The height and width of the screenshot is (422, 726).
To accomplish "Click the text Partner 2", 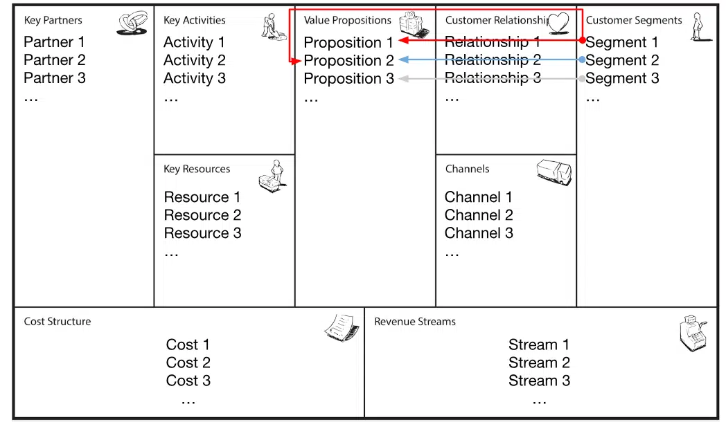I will point(55,60).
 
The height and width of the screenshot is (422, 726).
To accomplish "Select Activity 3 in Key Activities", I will point(194,78).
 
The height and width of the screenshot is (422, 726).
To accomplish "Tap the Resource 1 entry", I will point(202,197).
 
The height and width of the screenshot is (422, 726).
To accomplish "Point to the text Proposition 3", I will point(348,79).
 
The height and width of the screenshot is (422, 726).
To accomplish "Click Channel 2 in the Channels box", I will point(479,215).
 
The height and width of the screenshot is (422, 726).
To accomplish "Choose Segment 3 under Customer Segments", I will point(622,78).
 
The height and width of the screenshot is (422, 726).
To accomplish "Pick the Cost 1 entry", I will point(188,345).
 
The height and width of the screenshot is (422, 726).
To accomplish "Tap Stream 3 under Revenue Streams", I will point(539,380).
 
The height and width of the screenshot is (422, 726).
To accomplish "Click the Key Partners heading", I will point(53,20).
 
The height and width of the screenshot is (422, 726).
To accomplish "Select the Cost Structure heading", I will point(57,321).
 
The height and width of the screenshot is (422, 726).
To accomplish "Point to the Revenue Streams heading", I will point(415,321).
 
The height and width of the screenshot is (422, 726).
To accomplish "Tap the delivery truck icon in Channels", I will point(554,171).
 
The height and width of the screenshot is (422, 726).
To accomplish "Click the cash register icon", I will point(692,334).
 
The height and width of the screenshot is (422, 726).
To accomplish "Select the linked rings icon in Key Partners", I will point(132,24).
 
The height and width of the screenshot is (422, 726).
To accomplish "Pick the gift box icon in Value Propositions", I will point(414,25).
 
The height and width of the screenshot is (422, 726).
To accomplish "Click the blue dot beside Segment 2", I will point(583,60).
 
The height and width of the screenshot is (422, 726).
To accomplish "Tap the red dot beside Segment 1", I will point(583,40).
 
